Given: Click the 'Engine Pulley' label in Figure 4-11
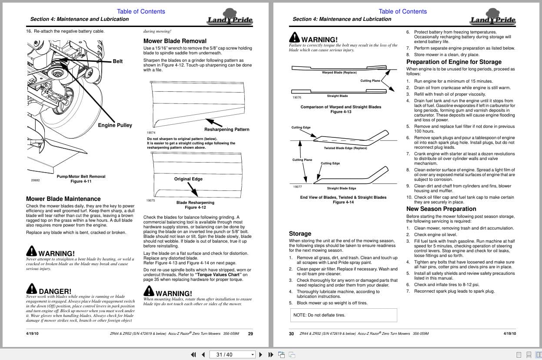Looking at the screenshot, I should (x=115, y=125).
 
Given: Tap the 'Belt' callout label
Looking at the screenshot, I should (x=117, y=61).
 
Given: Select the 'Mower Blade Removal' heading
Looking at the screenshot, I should (x=175, y=41).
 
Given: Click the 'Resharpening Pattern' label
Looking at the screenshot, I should (x=226, y=129).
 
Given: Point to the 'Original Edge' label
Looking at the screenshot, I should (x=188, y=179).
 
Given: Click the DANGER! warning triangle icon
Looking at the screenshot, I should (x=31, y=289).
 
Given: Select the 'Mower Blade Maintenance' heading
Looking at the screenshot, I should (x=63, y=199).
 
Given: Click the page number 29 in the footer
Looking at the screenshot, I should (x=250, y=333).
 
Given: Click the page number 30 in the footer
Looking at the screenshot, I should (x=291, y=333).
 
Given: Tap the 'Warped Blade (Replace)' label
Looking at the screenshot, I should (x=339, y=73).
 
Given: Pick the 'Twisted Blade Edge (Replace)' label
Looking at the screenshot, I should (x=345, y=148).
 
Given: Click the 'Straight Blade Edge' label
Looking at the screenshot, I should (x=341, y=188).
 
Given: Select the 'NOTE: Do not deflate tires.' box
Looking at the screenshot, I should (x=343, y=315).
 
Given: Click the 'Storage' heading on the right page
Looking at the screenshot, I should (x=300, y=233).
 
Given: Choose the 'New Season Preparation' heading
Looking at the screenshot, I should (x=441, y=209).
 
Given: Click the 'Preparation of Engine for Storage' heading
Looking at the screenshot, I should (x=454, y=62).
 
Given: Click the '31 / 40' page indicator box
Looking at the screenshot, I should (x=232, y=354).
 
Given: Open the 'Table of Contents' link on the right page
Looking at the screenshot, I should (x=402, y=11).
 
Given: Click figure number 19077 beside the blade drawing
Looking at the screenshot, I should (x=297, y=187).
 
